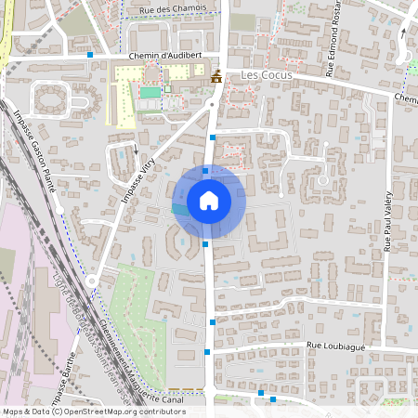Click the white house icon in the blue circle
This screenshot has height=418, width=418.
209,201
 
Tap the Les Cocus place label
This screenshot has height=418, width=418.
267,74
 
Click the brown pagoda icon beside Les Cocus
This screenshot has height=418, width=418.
216,76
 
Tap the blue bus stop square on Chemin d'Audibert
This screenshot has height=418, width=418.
90,55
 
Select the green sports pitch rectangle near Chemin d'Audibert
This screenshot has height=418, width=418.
150,93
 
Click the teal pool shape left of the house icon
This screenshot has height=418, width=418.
178,211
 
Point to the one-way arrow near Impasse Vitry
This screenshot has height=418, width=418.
136,149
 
